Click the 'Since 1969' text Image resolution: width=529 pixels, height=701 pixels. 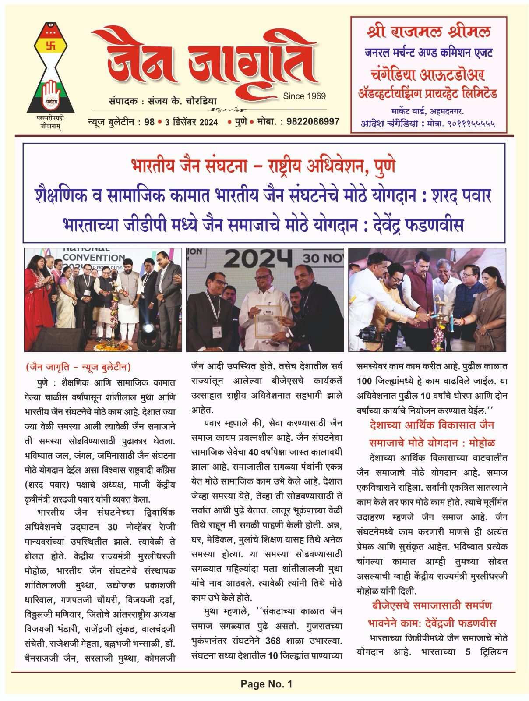coord(304,96)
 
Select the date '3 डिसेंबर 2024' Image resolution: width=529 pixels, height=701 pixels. coord(191,122)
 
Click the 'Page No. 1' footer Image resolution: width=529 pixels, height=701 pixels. coord(266,683)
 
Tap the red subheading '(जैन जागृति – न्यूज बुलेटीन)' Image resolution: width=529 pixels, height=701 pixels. coord(78,367)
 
